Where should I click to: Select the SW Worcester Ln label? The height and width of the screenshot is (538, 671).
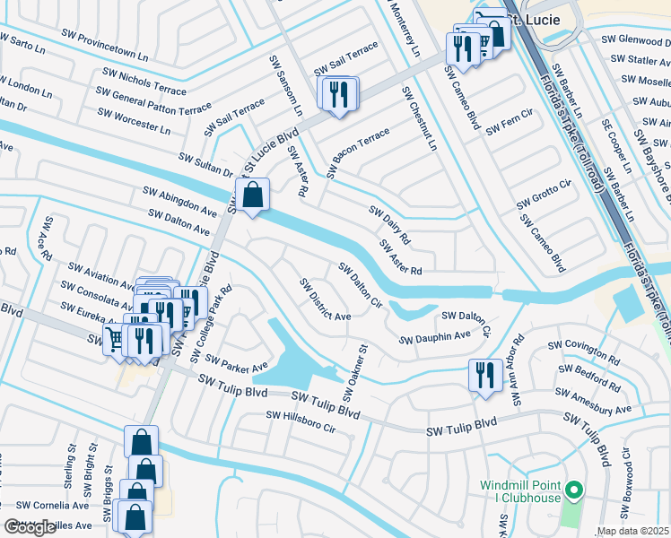133,120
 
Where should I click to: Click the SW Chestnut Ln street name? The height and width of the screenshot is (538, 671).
419,118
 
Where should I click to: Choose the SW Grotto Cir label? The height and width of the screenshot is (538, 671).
544,196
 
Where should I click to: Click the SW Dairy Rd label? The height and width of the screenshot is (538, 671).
389,225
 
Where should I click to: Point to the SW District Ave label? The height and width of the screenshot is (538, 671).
325,299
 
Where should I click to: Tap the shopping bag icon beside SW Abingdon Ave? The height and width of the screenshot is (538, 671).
253,194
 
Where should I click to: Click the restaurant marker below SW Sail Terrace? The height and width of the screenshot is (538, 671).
338,94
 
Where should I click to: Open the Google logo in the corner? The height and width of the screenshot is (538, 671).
30,527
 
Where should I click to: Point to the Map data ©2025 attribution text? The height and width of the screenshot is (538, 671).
633,531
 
